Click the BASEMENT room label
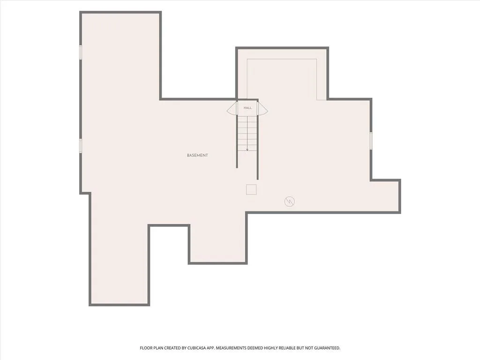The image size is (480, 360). coord(197,156)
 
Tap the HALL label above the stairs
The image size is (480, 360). coord(247,108)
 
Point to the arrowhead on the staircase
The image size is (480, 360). coord(247,150)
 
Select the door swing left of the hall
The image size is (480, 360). coord(232,108)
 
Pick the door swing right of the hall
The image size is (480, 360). coord(263,108)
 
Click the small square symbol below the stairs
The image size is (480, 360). coord(251,189)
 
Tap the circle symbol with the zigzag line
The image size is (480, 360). coord(290,202)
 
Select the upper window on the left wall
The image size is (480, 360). coord(81,52)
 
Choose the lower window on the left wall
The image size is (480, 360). coord(81,145)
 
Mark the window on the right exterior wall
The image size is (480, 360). coord(371,141)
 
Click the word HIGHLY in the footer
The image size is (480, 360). coord(270,348)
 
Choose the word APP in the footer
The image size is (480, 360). coord(211,348)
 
